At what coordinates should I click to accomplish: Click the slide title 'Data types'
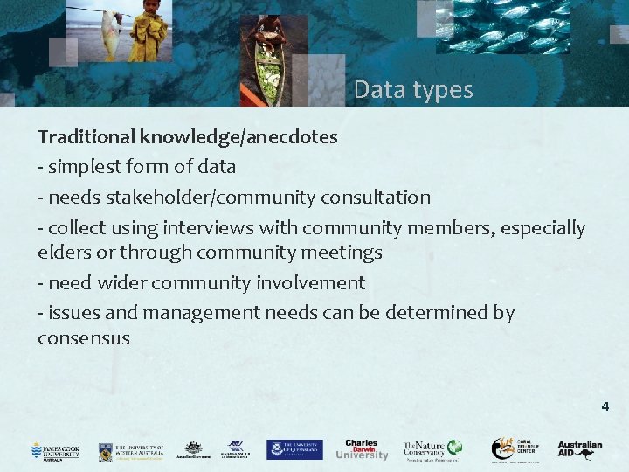(413, 89)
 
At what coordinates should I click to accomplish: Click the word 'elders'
(62, 253)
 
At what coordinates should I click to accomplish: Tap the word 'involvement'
(311, 282)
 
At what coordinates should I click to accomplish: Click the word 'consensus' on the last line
(83, 338)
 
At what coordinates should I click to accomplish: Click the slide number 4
(605, 406)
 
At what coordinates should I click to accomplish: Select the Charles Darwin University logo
(361, 449)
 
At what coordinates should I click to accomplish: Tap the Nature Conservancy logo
(430, 449)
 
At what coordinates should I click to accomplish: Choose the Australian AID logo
(580, 448)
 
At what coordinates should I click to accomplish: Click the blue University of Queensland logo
(294, 449)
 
